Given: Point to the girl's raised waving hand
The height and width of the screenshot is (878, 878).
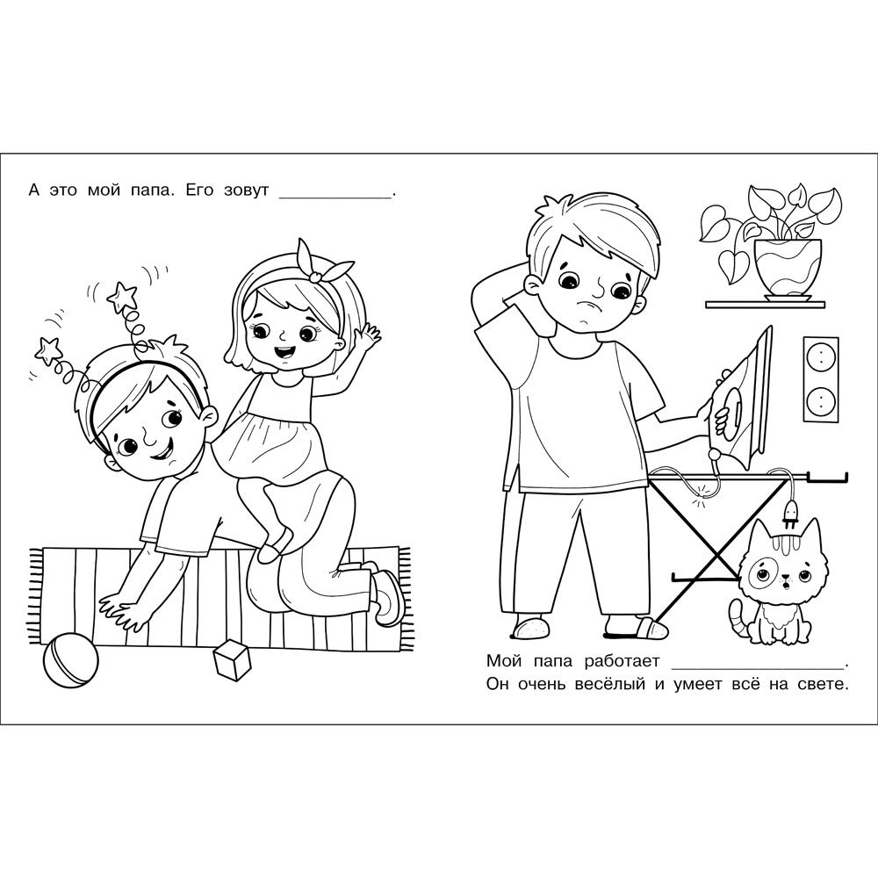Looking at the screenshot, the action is click(x=367, y=338).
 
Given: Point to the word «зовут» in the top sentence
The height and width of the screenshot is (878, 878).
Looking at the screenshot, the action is click(x=247, y=191).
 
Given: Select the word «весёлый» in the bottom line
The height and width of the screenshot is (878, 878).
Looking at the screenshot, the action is click(x=610, y=684).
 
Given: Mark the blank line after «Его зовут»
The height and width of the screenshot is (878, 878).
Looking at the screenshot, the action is click(x=335, y=197).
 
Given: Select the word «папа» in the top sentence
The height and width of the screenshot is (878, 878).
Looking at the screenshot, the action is click(x=148, y=191).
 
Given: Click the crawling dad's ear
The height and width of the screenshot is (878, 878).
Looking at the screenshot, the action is click(x=208, y=416).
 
